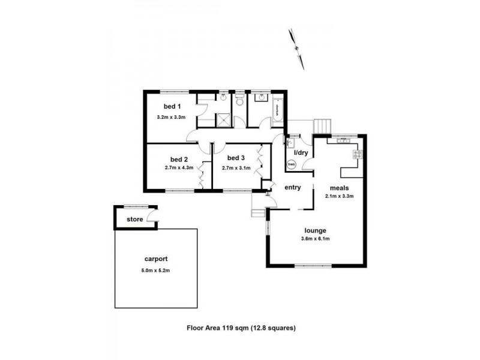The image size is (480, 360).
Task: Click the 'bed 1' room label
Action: (164, 106)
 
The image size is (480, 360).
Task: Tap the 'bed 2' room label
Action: (179, 159)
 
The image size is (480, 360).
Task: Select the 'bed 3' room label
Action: (236, 158)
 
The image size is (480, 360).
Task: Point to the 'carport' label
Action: (156, 259)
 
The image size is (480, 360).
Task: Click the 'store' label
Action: (134, 220)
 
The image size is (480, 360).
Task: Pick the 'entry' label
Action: (292, 188)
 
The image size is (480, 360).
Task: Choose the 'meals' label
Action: (339, 187)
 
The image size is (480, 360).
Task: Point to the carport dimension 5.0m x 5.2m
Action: (156, 271)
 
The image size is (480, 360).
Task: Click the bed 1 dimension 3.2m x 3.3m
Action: (171, 118)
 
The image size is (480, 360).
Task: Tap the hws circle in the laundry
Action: (292, 163)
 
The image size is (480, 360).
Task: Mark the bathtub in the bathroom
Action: (278, 110)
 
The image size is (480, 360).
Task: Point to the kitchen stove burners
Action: (358, 154)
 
